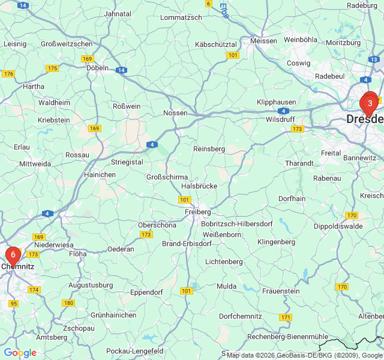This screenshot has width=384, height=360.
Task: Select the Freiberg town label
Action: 197,212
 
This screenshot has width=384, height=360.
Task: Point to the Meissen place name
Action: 264,41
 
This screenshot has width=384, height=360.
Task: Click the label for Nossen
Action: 175,113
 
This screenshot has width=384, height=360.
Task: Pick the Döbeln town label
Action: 97,68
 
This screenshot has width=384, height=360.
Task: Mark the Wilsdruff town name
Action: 280,119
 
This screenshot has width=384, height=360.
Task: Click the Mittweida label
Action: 35,163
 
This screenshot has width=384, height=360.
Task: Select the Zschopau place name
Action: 79,328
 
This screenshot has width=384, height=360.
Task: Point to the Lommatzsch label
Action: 181,18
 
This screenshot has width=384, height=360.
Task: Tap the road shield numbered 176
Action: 8,74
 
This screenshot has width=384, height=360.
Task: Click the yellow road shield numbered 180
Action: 68,303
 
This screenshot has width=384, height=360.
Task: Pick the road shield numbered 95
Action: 14,304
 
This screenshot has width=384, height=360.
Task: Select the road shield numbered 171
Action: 286,317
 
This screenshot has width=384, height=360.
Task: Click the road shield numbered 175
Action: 52,68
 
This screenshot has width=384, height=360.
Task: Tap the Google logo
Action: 20,353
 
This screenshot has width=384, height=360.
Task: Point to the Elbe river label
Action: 224,10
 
